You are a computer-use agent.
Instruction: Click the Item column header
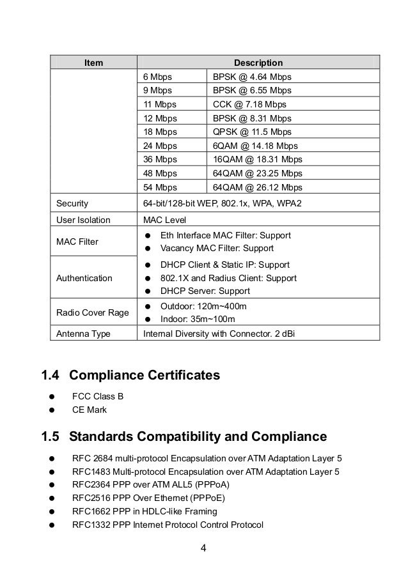click(x=93, y=63)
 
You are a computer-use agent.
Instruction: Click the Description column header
click(x=258, y=63)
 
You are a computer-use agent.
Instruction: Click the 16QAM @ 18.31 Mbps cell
click(x=257, y=160)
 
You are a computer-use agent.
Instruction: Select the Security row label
click(x=72, y=204)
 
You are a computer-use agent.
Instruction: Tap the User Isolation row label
click(x=83, y=220)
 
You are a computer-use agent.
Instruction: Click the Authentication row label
click(x=84, y=279)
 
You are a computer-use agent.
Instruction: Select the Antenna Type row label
click(x=83, y=334)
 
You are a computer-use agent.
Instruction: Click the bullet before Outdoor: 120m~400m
click(x=147, y=306)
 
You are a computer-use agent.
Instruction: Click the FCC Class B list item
click(x=98, y=396)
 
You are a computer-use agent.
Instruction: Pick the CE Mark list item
click(x=90, y=410)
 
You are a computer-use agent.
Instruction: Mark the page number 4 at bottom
click(x=203, y=548)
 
